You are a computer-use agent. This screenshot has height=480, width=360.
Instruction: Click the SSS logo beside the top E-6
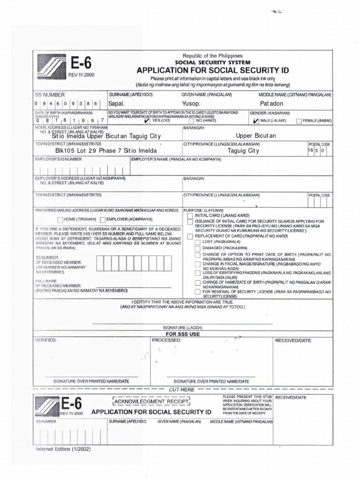52,68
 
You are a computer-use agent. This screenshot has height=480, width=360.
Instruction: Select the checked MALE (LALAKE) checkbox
255,121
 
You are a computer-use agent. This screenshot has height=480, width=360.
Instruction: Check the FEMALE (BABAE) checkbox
299,121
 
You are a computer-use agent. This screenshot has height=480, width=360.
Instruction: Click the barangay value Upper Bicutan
256,136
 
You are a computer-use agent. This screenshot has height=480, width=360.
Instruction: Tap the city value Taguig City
243,151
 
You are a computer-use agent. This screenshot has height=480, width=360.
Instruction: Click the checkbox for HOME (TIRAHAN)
60,219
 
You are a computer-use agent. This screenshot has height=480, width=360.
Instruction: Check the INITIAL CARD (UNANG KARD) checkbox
190,216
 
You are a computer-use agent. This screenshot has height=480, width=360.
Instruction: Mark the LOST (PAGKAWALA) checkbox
197,241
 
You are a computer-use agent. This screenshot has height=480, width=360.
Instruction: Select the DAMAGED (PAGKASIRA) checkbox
197,248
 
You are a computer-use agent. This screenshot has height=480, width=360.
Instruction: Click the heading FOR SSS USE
182,334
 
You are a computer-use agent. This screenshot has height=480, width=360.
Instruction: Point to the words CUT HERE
181,390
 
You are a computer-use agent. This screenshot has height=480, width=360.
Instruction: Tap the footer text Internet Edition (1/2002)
63,449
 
